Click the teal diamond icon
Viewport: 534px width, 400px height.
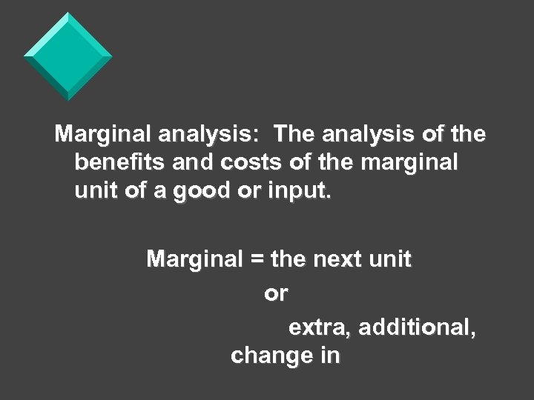click(67, 56)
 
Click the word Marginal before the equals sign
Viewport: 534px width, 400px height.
click(195, 260)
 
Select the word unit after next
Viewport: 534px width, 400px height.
click(390, 260)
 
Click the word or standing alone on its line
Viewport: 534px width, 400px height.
click(276, 294)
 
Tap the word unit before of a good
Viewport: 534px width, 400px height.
click(94, 193)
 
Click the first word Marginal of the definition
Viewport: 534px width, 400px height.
click(104, 134)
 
